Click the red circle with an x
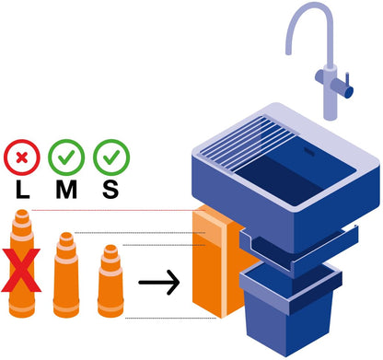[x=22, y=157]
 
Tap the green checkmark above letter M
[x=66, y=157]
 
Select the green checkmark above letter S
[x=111, y=157]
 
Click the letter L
[x=22, y=190]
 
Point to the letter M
[x=66, y=190]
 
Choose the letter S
[x=110, y=190]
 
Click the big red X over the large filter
[x=21, y=271]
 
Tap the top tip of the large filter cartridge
[x=22, y=210]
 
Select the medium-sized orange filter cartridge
[x=66, y=274]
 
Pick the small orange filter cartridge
[x=110, y=281]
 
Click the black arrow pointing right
[x=159, y=283]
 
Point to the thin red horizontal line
[x=118, y=211]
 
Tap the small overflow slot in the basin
[x=308, y=150]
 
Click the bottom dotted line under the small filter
[x=170, y=319]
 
